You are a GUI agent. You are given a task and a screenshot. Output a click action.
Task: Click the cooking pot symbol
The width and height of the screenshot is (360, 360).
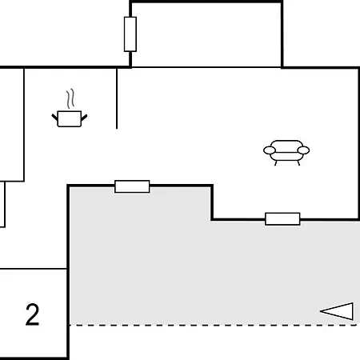click(70, 118)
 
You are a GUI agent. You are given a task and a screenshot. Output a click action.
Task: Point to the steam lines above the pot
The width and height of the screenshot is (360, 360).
click(70, 98)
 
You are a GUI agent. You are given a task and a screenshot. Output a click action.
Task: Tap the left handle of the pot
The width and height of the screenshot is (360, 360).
click(54, 117)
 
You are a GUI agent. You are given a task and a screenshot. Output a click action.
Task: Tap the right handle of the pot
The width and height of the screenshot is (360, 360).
click(84, 118)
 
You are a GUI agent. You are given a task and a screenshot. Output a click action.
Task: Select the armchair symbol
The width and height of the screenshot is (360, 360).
click(286, 153)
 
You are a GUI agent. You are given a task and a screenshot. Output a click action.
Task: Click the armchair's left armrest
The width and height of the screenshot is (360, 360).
click(270, 150)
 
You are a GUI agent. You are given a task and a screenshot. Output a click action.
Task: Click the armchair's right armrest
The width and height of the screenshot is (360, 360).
click(303, 150)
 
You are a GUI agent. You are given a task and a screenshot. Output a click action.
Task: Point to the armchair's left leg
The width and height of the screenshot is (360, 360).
click(276, 163)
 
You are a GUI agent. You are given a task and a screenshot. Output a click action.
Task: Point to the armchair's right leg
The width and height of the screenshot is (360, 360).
click(298, 163)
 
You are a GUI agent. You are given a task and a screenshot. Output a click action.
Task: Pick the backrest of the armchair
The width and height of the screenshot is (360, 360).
click(286, 144)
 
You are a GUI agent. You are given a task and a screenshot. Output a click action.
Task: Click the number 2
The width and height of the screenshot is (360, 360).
click(32, 314)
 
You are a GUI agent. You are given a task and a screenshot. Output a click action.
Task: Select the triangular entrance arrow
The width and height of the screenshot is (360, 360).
click(337, 311)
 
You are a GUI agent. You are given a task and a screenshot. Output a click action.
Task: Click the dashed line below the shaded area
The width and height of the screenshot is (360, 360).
click(213, 325)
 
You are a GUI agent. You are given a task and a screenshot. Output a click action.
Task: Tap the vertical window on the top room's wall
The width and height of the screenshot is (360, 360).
click(130, 34)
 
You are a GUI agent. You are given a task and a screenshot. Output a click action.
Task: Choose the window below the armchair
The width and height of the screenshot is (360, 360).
click(282, 219)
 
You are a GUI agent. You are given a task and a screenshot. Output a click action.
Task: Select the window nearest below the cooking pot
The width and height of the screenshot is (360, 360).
click(132, 186)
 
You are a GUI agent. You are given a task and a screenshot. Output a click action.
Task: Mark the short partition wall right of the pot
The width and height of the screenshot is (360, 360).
click(117, 98)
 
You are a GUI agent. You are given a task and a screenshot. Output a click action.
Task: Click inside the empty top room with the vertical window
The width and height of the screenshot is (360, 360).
click(206, 34)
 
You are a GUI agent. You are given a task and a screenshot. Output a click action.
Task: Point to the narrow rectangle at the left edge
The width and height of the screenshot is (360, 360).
click(2, 205)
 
